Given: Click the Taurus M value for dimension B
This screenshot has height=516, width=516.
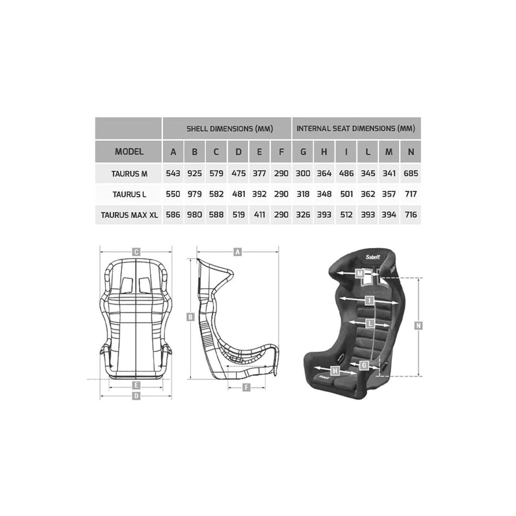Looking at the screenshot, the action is pyautogui.click(x=194, y=174).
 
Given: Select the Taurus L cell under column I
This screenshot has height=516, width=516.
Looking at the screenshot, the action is pyautogui.click(x=346, y=194).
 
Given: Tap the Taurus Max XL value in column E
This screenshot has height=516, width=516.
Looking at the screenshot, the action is pyautogui.click(x=259, y=215).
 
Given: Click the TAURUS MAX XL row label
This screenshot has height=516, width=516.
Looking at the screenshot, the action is pyautogui.click(x=129, y=215).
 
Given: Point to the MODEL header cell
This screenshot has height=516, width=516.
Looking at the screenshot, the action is pyautogui.click(x=129, y=152).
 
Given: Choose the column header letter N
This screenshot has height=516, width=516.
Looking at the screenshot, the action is pyautogui.click(x=411, y=152).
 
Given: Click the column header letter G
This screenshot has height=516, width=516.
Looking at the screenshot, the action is pyautogui.click(x=303, y=152).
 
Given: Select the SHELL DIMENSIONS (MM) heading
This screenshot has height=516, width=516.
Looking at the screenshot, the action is pyautogui.click(x=230, y=129).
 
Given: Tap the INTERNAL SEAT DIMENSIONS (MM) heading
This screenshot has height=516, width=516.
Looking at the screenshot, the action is pyautogui.click(x=356, y=129).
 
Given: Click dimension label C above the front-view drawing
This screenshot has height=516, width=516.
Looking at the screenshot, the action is pyautogui.click(x=136, y=252).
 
